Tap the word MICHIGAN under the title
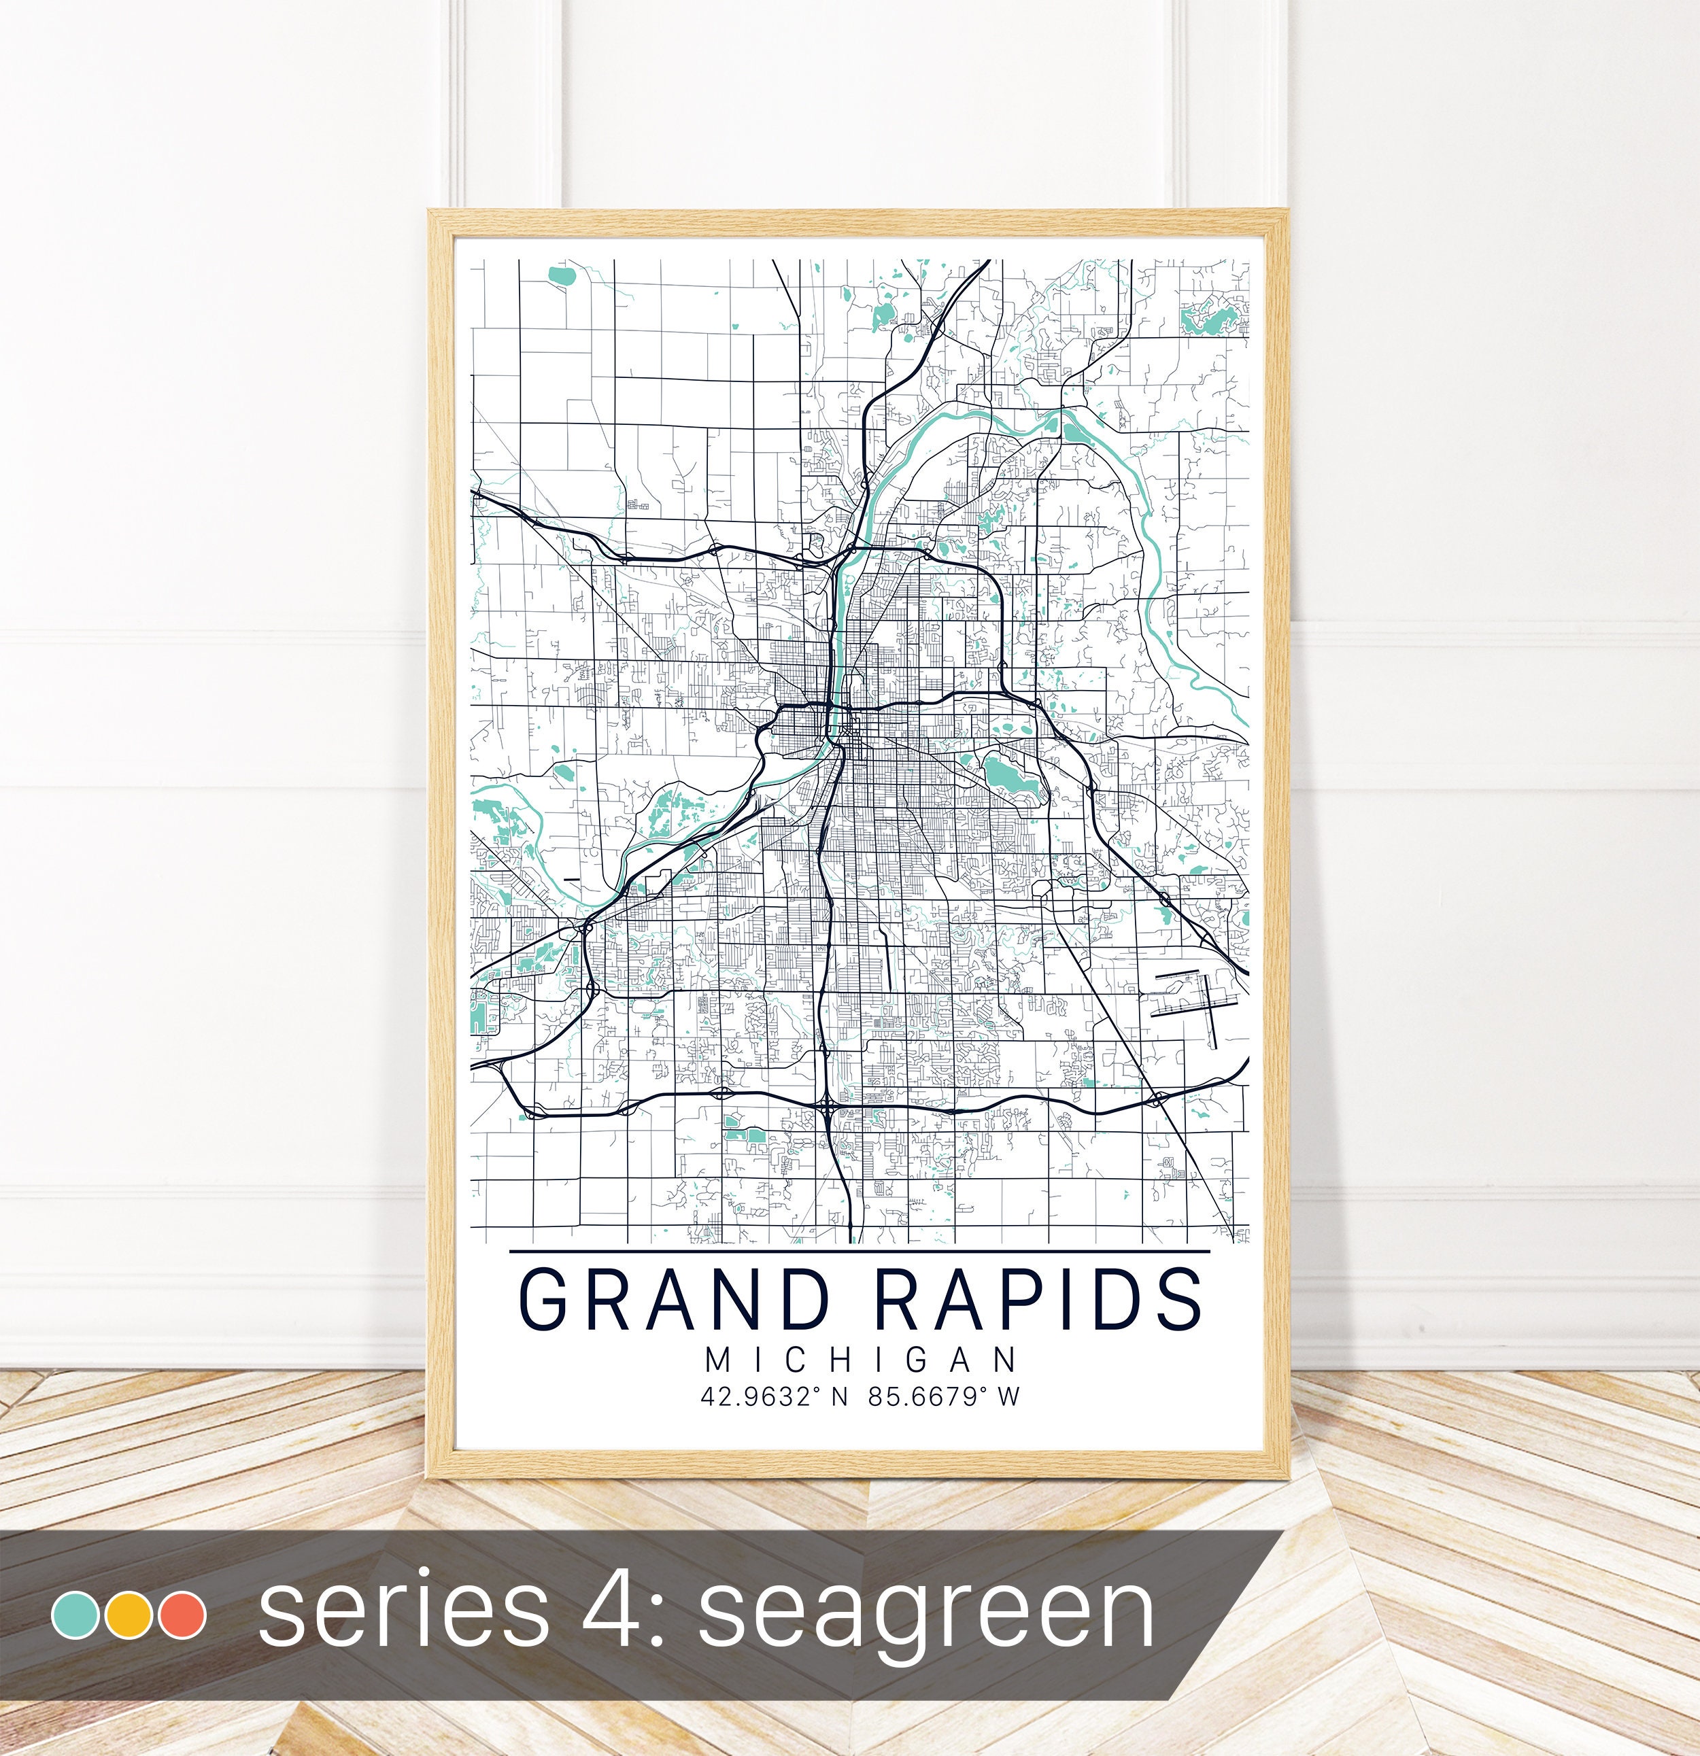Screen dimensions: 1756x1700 [861, 1360]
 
